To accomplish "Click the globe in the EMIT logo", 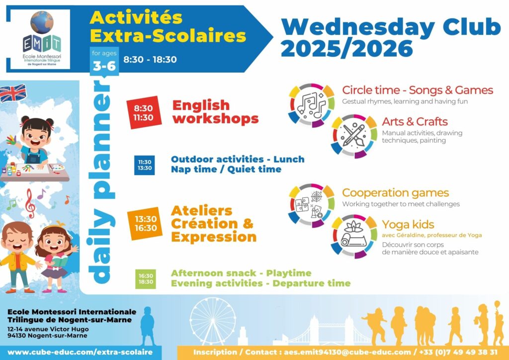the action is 42,22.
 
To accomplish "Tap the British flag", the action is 13,93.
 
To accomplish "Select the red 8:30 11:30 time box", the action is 144,112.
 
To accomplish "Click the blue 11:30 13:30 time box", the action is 145,165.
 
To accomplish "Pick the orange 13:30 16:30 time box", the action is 145,223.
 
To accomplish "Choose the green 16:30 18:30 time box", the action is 146,279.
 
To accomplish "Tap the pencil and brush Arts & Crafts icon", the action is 354,136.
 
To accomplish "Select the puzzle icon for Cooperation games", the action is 311,205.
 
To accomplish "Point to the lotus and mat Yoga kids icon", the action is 354,236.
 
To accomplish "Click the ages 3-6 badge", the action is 104,61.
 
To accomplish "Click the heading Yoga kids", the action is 408,224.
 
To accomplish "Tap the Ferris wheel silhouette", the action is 213,321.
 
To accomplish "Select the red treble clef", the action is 30,203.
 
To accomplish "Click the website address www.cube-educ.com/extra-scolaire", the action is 80,352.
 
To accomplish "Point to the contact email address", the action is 347,352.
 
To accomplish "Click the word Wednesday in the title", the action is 358,27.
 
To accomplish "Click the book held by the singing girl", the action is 60,261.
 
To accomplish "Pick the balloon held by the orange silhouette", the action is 497,304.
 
